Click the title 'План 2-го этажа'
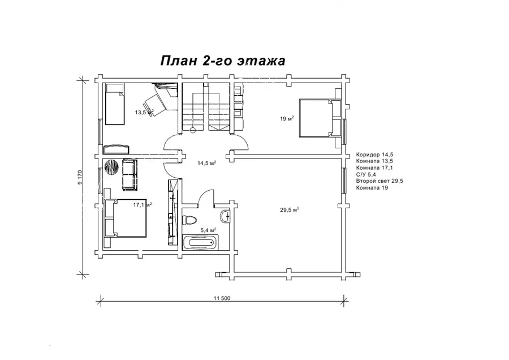(223, 61)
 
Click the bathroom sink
(225, 216)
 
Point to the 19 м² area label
(287, 119)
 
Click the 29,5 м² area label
(290, 209)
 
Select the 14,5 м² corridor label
(207, 163)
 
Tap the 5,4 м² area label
(208, 230)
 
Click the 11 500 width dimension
(222, 298)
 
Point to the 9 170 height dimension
(80, 177)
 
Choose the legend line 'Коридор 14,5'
(374, 155)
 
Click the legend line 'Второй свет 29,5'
(379, 181)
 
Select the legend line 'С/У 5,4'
(366, 174)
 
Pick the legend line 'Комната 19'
(372, 188)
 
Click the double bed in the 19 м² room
(320, 118)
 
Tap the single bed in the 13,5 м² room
(115, 104)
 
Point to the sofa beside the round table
(130, 175)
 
